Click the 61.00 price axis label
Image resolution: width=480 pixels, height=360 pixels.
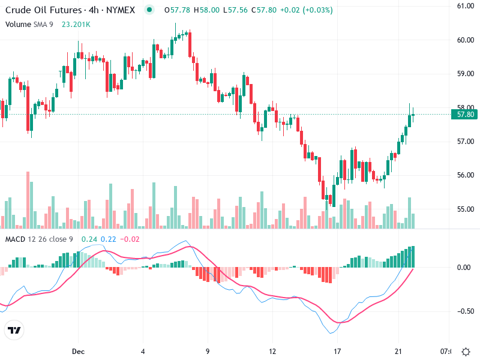pos(466,6)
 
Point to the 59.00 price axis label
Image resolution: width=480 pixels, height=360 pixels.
pos(466,74)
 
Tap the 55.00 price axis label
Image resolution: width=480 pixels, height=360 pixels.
pos(466,209)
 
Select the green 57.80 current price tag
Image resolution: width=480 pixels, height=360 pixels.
pos(466,114)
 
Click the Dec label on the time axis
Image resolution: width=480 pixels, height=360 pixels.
pos(77,351)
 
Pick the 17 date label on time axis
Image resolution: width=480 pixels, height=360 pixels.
pos(338,351)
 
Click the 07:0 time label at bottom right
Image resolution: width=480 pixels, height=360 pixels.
pos(446,351)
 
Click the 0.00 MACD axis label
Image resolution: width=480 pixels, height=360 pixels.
pos(466,267)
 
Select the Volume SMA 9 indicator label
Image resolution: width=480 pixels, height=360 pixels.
pos(30,25)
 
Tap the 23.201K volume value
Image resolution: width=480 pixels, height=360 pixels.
pos(76,25)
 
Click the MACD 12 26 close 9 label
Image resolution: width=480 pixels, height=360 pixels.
pos(39,239)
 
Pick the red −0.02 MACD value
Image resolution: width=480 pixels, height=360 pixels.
pos(130,239)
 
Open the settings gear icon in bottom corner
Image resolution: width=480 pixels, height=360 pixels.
pos(466,351)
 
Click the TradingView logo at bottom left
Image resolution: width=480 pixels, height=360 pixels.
pos(14,330)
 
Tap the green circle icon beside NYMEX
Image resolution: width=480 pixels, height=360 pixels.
pos(149,10)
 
